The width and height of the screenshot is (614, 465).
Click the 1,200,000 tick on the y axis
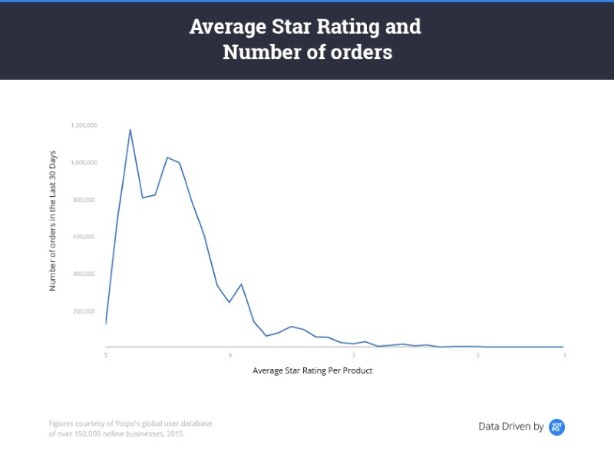coord(84,125)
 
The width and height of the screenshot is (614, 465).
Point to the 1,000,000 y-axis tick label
coord(84,163)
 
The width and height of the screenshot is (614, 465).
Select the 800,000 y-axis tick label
coord(84,200)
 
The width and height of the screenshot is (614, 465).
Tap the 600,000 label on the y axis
coord(84,237)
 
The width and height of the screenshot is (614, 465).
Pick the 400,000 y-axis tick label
coord(84,274)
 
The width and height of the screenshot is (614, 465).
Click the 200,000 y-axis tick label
coord(84,311)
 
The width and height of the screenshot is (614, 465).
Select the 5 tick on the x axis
coord(106,355)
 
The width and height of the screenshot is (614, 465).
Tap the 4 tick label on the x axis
coord(230,355)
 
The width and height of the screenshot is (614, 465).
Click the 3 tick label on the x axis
coord(354,355)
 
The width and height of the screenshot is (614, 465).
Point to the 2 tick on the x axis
coord(477,355)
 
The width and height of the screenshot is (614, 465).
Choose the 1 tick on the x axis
coord(564,355)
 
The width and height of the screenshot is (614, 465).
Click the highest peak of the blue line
coord(130,130)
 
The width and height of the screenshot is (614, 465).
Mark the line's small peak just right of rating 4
coord(241,284)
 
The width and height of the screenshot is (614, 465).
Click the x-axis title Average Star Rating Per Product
coord(312,370)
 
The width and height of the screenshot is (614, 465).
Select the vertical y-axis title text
coord(52,221)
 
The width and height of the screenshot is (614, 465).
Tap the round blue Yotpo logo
coord(556,427)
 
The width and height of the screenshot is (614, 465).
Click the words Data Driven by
coord(511,426)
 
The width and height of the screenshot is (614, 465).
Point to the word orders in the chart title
coord(361,52)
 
